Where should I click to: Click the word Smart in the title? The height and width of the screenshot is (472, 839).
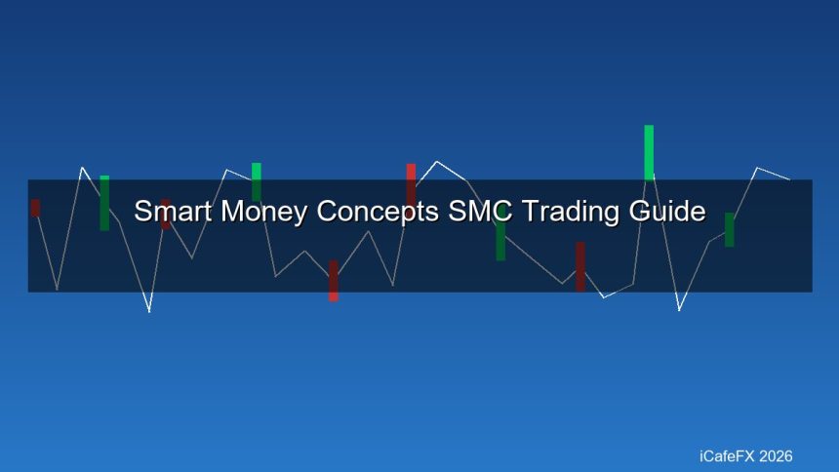[167, 212]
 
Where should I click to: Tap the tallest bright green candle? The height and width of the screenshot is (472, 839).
[649, 152]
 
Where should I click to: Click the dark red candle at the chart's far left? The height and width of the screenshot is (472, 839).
[35, 208]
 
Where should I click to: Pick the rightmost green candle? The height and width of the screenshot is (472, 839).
[729, 229]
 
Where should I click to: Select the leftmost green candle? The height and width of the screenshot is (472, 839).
[104, 203]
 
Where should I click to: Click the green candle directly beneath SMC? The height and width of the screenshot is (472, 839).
[500, 240]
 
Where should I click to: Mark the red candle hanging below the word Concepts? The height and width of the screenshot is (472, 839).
[333, 280]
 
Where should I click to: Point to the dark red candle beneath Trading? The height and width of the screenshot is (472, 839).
[579, 266]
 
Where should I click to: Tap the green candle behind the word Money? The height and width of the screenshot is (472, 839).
[257, 181]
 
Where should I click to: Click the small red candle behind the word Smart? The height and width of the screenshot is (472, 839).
[165, 214]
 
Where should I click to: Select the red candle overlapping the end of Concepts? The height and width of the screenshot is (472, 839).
[411, 183]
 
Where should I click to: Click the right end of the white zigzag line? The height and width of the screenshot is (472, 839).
[788, 179]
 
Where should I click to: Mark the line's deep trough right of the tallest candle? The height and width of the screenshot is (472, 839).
[679, 310]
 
